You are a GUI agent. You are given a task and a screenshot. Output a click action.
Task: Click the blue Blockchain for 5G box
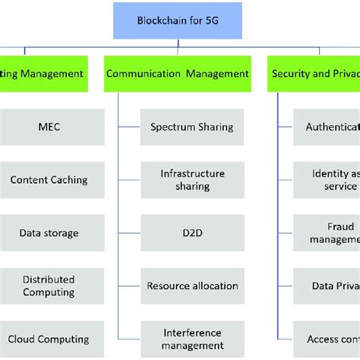(178, 21)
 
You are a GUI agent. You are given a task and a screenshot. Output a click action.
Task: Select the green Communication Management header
(178, 74)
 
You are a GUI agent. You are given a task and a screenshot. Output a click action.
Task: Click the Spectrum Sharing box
(192, 127)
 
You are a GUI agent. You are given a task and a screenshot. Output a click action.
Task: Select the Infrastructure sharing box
(192, 180)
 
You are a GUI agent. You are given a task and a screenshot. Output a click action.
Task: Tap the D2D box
(192, 233)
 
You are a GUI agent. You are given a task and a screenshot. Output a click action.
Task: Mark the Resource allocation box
(192, 286)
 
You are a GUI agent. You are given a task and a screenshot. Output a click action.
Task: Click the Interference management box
(192, 339)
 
